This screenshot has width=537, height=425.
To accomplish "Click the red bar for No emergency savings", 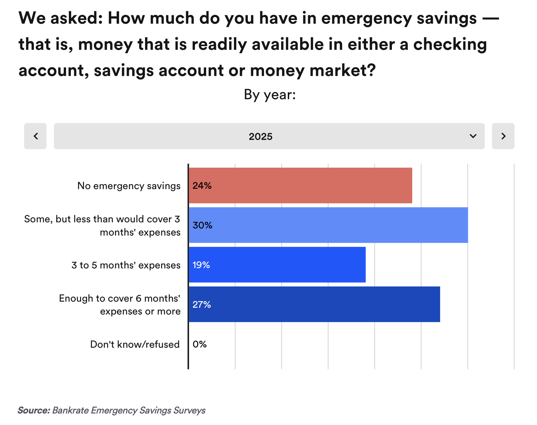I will click(300, 185).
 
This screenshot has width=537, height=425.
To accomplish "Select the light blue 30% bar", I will click(328, 225).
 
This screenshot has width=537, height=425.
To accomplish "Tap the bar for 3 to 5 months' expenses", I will click(277, 265).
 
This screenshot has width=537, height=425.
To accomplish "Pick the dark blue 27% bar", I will click(314, 304).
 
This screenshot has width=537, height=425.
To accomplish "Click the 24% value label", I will click(202, 186).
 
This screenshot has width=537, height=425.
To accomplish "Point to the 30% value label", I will click(202, 225).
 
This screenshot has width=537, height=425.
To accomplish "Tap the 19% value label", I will click(201, 265).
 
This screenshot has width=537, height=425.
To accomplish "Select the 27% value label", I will click(202, 305).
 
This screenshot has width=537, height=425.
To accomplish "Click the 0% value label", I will click(200, 344).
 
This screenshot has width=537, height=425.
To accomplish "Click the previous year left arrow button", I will click(35, 136).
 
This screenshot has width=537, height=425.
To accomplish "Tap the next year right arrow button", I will click(503, 136).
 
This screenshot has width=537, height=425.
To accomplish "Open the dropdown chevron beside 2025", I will click(473, 136).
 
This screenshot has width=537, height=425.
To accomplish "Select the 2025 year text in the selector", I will click(260, 137).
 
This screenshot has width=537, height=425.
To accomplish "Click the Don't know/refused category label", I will click(135, 344).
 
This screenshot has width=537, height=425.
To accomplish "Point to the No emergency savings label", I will click(129, 186).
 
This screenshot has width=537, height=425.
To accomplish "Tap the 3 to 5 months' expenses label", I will click(126, 265).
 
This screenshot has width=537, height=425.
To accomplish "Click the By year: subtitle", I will click(270, 95).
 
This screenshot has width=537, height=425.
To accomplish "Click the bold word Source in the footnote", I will click(34, 410).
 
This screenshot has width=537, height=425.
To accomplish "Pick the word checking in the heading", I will click(450, 44).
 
